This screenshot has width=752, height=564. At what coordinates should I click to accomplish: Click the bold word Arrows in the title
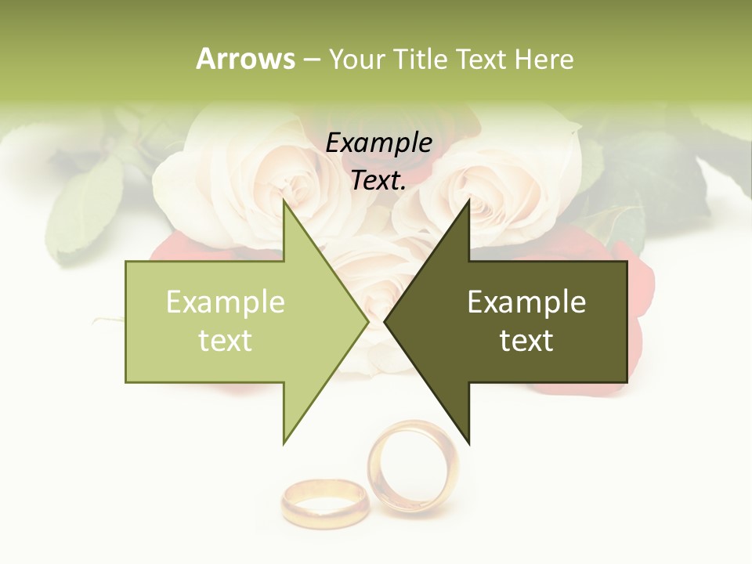(x=246, y=59)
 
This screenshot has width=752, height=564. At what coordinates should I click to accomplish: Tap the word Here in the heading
(x=544, y=59)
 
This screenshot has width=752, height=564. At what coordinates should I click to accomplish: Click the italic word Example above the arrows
(x=379, y=143)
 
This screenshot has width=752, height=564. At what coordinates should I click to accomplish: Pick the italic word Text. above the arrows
(x=379, y=181)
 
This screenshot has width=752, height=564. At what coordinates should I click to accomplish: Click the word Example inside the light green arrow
(x=226, y=302)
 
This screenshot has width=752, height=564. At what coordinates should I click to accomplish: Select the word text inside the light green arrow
(x=226, y=341)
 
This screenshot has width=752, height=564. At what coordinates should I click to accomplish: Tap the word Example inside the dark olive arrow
(x=526, y=302)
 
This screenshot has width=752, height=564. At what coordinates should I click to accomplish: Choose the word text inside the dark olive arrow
(x=526, y=341)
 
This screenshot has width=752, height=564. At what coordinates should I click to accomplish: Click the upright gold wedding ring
(x=413, y=467)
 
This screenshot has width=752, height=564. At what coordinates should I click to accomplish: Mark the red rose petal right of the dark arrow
(x=638, y=290)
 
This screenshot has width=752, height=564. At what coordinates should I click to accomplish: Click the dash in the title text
(x=312, y=60)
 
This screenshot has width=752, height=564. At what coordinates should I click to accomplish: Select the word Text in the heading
(x=482, y=59)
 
